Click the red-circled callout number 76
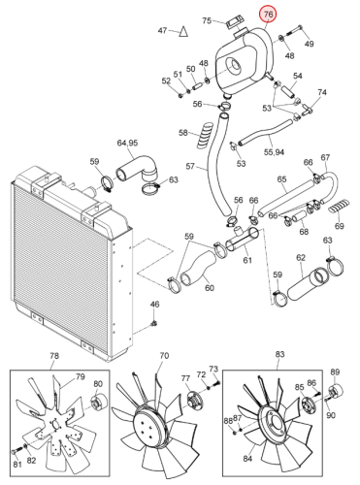(x=269, y=14)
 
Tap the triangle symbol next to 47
(x=183, y=32)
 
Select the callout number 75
(x=207, y=20)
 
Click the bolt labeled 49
(x=294, y=30)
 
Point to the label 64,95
(x=127, y=143)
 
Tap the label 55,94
(x=274, y=152)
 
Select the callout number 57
(x=190, y=166)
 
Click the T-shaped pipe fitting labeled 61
(x=242, y=240)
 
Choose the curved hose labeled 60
(x=197, y=268)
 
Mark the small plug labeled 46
(x=154, y=323)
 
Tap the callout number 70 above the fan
(x=164, y=356)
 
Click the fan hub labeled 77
(x=193, y=401)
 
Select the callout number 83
(x=279, y=354)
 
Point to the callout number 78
(x=54, y=356)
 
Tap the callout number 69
(x=339, y=226)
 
